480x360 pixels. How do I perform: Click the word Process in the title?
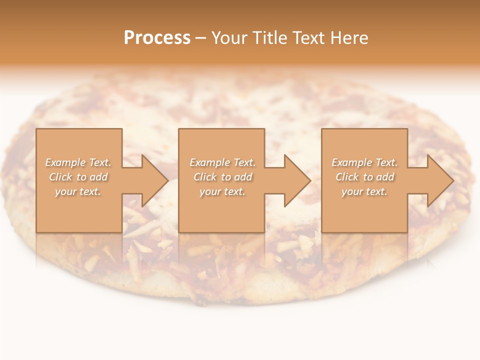coord(157,38)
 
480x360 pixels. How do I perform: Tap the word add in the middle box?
coord(242,177)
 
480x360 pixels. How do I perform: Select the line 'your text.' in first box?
coord(78,191)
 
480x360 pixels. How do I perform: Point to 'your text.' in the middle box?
coord(222,191)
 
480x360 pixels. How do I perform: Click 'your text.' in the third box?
coord(364,191)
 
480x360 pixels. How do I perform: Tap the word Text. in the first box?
coord(100,162)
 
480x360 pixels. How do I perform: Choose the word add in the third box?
coord(384,177)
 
